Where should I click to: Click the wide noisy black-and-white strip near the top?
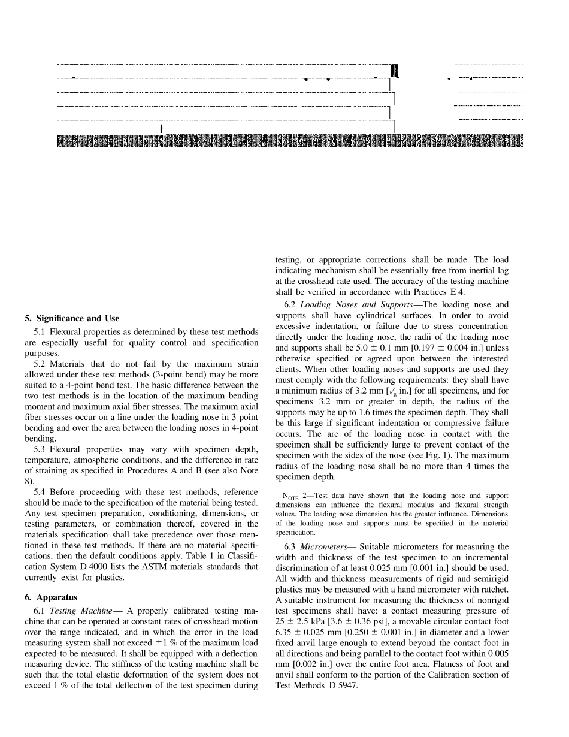coord(290,141)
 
